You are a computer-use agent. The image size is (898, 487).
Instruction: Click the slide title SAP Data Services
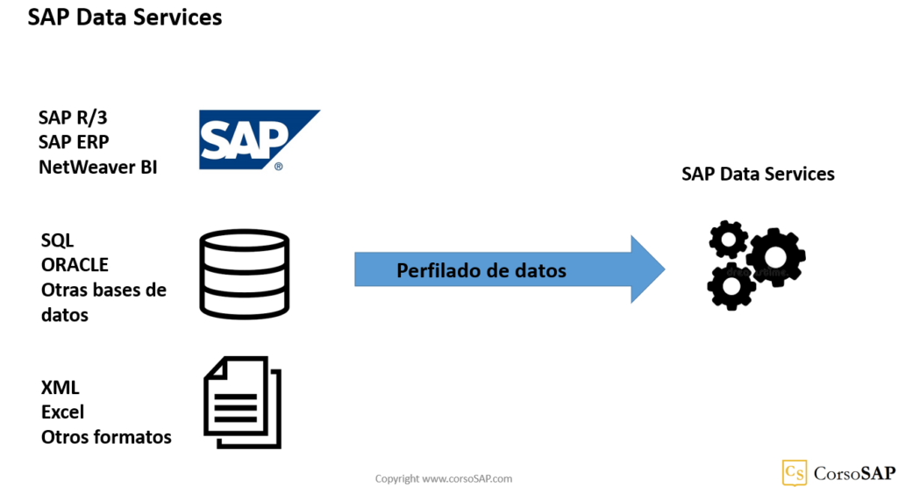tap(125, 17)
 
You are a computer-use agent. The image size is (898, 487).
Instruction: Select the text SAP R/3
tap(75, 118)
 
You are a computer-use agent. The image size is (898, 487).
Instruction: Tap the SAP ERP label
tap(74, 141)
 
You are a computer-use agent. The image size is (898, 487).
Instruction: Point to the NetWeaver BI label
tap(98, 165)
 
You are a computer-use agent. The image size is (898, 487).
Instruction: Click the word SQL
tap(58, 240)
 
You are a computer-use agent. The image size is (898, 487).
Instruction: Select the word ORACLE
tap(75, 264)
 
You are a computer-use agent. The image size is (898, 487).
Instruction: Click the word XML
tap(60, 388)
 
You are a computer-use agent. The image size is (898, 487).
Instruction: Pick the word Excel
tap(62, 412)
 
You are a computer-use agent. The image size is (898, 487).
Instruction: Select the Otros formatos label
tap(106, 436)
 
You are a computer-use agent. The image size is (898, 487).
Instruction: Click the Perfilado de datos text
tap(481, 270)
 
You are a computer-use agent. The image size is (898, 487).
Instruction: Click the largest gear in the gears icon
tap(775, 257)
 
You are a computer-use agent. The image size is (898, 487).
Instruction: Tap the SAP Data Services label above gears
tap(758, 174)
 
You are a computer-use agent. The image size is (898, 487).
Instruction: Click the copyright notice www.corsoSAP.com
tap(443, 478)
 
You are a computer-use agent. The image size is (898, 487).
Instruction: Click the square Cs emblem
tap(795, 472)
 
